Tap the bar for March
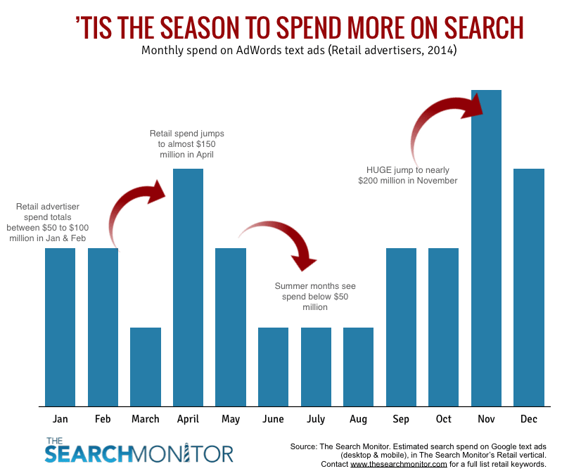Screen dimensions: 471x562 [x=146, y=366]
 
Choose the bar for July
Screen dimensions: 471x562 [x=316, y=366]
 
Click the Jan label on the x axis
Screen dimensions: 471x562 [x=60, y=419]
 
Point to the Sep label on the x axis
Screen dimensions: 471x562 [x=401, y=419]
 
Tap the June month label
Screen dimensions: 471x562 [x=273, y=419]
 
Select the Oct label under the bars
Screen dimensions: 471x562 [x=444, y=419]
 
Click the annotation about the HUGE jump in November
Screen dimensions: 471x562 [x=407, y=175]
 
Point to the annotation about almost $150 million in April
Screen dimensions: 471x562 [x=186, y=143]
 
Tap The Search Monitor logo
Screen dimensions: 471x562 [x=139, y=450]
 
